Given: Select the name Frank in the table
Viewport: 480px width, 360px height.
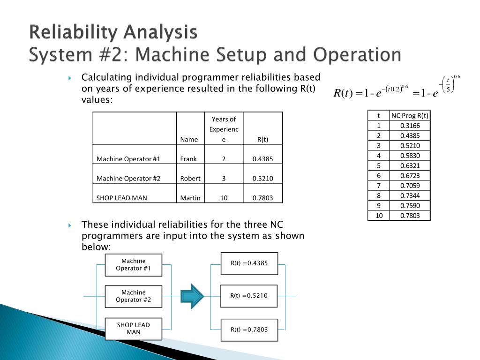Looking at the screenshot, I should click(188, 159).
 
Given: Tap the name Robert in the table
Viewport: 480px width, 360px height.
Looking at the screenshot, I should click(190, 179).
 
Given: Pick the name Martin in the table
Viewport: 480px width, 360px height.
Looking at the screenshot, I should click(190, 198).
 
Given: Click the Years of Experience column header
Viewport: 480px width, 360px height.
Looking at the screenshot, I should click(224, 129).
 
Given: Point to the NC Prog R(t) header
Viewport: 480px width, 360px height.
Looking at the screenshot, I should click(410, 116).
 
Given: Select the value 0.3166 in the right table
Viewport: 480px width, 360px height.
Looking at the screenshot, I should click(410, 126).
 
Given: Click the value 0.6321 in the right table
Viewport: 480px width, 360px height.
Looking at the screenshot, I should click(410, 165).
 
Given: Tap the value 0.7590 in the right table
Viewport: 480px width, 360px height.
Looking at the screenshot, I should click(410, 205).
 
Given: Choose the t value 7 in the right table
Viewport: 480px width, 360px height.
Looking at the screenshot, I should click(379, 186).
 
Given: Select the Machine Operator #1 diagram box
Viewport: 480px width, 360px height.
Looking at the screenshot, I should click(134, 265).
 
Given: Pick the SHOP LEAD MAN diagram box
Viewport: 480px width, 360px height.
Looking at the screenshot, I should click(134, 329).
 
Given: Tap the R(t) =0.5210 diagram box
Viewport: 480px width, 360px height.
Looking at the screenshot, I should click(249, 296).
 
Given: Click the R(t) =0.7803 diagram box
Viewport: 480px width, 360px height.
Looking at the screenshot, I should click(249, 330).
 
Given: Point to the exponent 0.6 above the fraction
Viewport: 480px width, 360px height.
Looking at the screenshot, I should click(457, 76).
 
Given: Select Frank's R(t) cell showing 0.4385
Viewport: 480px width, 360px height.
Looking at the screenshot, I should click(262, 159).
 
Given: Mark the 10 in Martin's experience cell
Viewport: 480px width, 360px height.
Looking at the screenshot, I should click(224, 198).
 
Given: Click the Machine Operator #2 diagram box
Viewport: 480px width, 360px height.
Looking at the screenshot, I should click(134, 296).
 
